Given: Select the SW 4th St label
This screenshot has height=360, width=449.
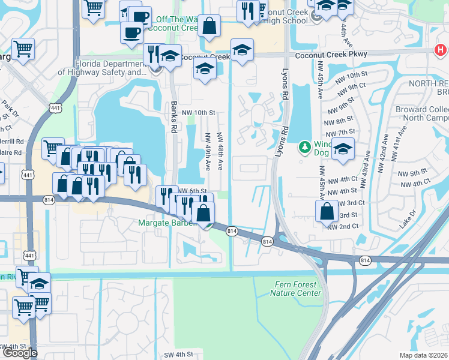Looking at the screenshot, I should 178,355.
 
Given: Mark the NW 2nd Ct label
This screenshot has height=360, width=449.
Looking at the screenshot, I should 343,226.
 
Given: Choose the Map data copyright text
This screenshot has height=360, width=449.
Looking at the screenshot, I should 423,355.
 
